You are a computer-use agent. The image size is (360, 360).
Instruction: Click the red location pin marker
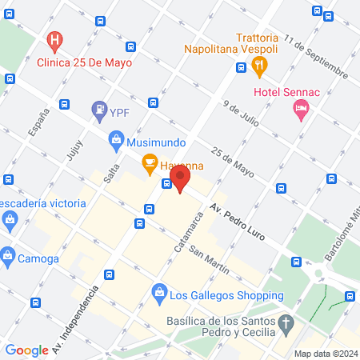[x=179, y=178]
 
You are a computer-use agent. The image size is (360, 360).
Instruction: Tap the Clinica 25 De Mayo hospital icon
[x=54, y=40]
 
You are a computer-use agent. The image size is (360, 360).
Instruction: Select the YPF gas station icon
[x=98, y=109]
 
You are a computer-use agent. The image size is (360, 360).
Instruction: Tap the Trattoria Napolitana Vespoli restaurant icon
[x=270, y=63]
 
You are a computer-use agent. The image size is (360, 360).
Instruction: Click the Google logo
[x=27, y=350]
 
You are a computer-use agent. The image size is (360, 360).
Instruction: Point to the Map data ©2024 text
[x=325, y=353]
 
